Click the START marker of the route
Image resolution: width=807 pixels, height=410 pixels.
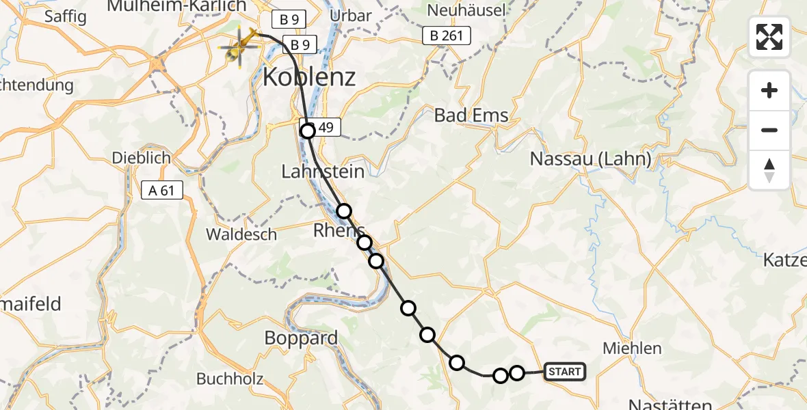[565, 372]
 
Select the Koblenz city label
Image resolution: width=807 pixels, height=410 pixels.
[309, 77]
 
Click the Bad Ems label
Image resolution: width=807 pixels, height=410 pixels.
[472, 115]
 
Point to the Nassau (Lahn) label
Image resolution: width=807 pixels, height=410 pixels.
[591, 159]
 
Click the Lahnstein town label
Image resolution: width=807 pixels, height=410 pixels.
[323, 172]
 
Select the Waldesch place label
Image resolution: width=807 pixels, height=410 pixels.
[241, 234]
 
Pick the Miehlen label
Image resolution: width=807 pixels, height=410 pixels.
[632, 348]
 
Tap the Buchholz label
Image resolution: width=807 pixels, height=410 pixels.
[229, 379]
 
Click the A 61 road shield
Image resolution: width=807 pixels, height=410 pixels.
[163, 191]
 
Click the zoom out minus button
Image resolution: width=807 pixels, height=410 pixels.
[769, 130]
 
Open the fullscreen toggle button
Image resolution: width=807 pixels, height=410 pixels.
[769, 37]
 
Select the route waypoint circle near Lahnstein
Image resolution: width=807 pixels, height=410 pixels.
[343, 211]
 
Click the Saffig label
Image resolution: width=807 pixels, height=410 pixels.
[66, 17]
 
